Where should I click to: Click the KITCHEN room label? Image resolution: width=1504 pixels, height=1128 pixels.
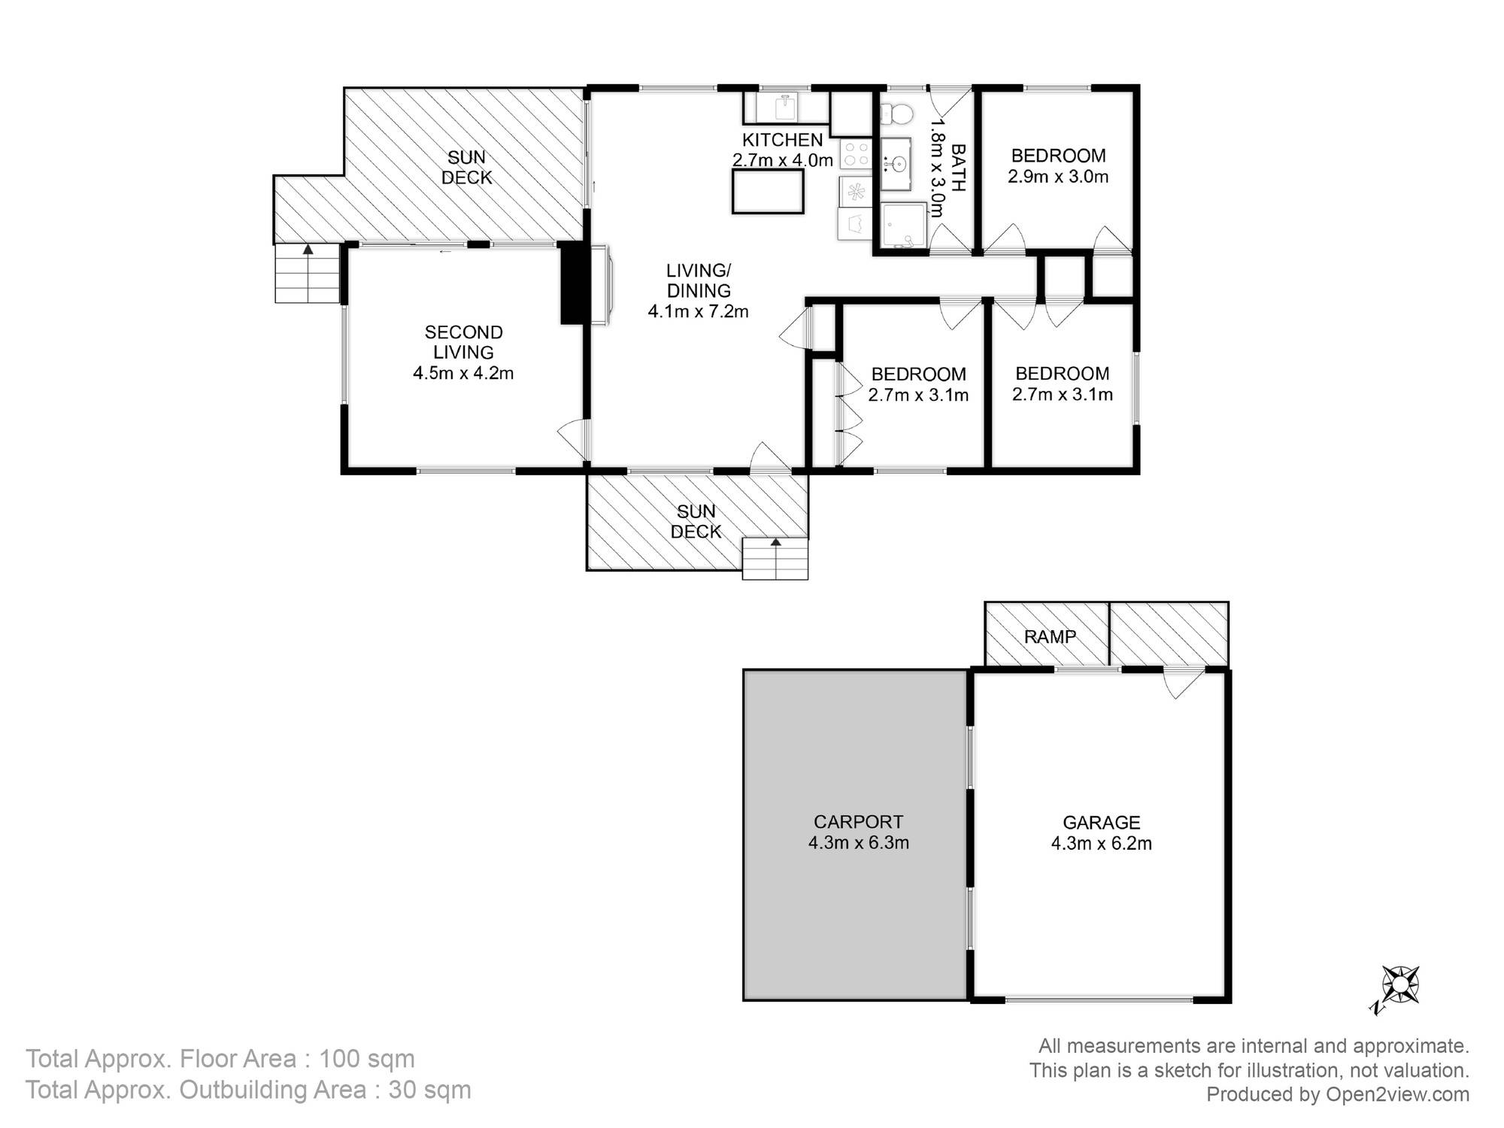(x=782, y=140)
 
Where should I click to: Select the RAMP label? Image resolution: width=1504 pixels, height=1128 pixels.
(x=1050, y=637)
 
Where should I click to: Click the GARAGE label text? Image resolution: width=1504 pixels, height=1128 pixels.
(x=1101, y=823)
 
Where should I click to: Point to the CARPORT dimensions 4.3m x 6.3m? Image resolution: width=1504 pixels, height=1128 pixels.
(x=858, y=843)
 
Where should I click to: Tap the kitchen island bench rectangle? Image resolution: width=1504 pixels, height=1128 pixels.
(x=768, y=191)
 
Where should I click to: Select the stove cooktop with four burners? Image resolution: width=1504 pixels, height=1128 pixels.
(x=855, y=156)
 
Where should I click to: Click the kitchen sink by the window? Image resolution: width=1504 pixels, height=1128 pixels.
(x=786, y=107)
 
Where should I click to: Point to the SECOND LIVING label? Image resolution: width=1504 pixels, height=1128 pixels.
(x=463, y=342)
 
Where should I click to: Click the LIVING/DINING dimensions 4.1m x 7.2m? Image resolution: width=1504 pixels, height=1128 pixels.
(x=698, y=311)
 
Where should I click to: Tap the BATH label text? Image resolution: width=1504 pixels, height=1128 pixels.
(x=958, y=168)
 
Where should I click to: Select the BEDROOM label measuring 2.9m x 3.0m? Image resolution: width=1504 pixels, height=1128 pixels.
(x=1058, y=156)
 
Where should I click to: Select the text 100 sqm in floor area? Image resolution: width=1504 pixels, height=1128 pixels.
(x=367, y=1059)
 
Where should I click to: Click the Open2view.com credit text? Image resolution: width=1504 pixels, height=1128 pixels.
(x=1397, y=1094)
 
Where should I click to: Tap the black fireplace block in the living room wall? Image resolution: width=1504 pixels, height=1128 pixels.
(x=572, y=283)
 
